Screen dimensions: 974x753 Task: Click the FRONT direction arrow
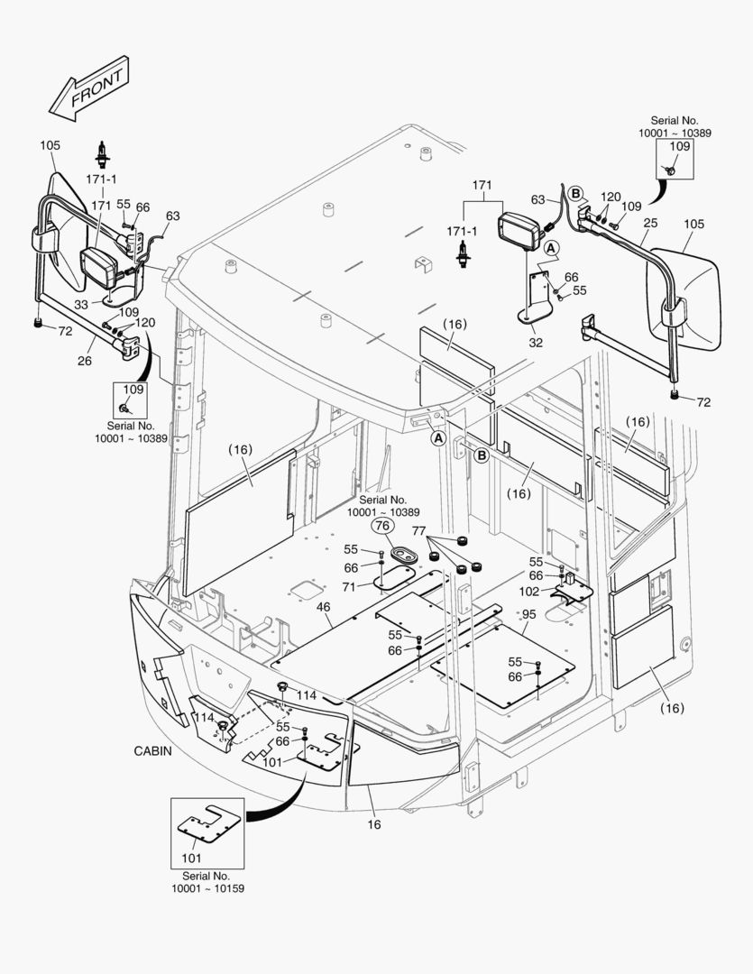click(89, 89)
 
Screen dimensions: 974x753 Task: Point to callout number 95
click(528, 614)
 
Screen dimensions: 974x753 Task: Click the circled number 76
click(381, 526)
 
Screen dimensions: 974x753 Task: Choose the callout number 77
click(418, 531)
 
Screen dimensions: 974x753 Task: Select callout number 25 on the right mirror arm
click(651, 222)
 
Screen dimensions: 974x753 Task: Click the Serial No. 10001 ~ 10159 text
click(207, 882)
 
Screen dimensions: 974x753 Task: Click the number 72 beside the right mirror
click(702, 402)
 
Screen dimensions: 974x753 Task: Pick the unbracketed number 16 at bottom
click(373, 824)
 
